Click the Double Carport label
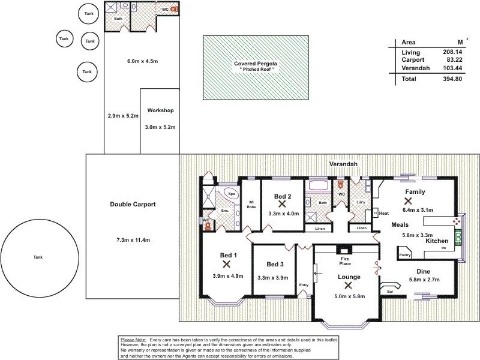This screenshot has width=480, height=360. pyautogui.click(x=133, y=205)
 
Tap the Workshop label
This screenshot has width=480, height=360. pyautogui.click(x=160, y=111)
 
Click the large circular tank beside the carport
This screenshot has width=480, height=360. pyautogui.click(x=38, y=257)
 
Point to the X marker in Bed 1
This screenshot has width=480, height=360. pyautogui.click(x=227, y=263)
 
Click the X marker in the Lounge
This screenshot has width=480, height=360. pyautogui.click(x=348, y=286)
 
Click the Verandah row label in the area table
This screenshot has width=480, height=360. pyautogui.click(x=415, y=68)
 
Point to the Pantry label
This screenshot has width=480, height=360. pyautogui.click(x=405, y=255)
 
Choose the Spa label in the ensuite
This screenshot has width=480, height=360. pyautogui.click(x=232, y=194)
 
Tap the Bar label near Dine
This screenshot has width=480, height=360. pyautogui.click(x=390, y=292)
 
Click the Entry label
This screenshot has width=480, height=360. pyautogui.click(x=303, y=285)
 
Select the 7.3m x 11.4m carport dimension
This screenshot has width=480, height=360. pyautogui.click(x=133, y=240)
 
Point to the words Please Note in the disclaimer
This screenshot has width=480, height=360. pyautogui.click(x=134, y=340)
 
